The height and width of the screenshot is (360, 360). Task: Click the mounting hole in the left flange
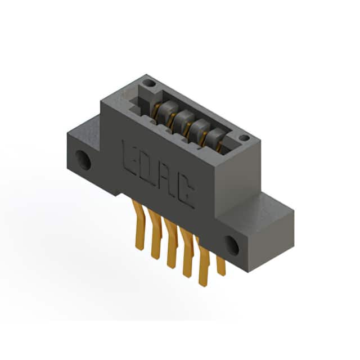83,160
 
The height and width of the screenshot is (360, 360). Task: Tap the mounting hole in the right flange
232,246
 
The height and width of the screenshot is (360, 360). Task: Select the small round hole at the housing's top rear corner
149,83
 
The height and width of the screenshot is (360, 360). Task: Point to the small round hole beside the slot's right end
244,138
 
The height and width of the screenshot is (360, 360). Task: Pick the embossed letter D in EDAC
147,169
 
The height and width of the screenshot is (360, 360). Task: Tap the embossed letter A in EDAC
165,181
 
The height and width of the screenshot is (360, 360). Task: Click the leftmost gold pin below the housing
139,225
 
